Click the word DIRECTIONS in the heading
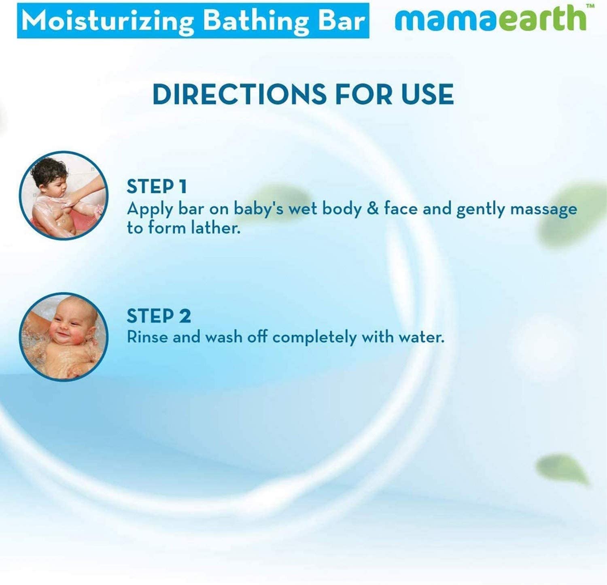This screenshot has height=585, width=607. pos(239,94)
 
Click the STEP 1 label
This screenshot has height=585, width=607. pos(157,187)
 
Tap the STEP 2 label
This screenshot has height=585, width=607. pos(158,316)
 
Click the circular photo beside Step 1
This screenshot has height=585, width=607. pos(64,195)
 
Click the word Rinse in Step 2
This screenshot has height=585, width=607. pos(146,337)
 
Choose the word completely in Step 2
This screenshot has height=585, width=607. pos(314,337)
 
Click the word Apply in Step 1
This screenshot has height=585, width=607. pos(150,210)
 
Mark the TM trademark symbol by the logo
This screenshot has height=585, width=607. pos(590,6)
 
